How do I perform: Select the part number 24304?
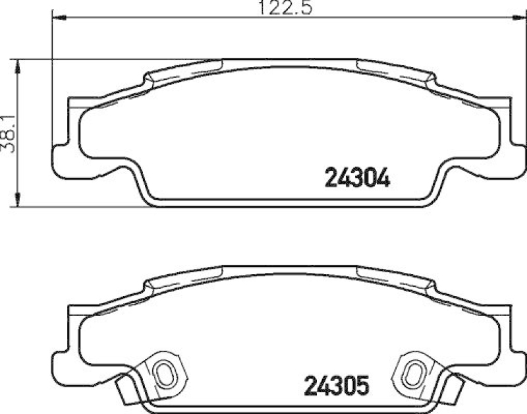pos(358,177)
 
